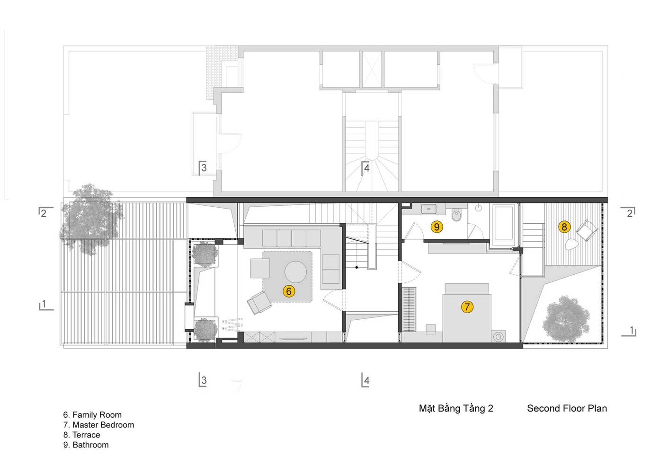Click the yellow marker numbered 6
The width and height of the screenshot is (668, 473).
[x=289, y=291]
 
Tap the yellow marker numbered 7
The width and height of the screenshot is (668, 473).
[x=467, y=307]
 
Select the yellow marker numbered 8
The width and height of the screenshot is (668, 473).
[x=564, y=227]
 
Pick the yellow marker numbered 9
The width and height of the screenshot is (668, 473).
[x=436, y=227]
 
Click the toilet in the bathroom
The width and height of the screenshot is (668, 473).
[x=456, y=214]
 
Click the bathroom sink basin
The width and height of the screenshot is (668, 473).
[x=429, y=209]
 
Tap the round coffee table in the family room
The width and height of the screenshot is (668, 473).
[x=295, y=272]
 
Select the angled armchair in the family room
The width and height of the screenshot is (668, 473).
[x=259, y=302]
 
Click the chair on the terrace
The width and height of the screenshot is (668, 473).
[x=587, y=230]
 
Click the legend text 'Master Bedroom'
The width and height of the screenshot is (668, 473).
[x=103, y=425]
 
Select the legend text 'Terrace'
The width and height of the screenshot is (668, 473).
[x=86, y=435]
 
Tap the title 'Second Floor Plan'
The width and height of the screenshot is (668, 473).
[x=567, y=408]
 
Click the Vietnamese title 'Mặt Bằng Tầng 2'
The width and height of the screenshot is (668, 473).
[x=456, y=408]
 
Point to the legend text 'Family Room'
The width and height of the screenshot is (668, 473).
[x=97, y=415]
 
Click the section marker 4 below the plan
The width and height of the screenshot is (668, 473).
[x=365, y=380]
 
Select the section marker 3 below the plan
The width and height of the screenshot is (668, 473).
[x=203, y=380]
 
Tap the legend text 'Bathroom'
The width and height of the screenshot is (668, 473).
[x=90, y=445]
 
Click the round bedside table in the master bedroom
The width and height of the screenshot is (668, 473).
[x=499, y=337]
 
